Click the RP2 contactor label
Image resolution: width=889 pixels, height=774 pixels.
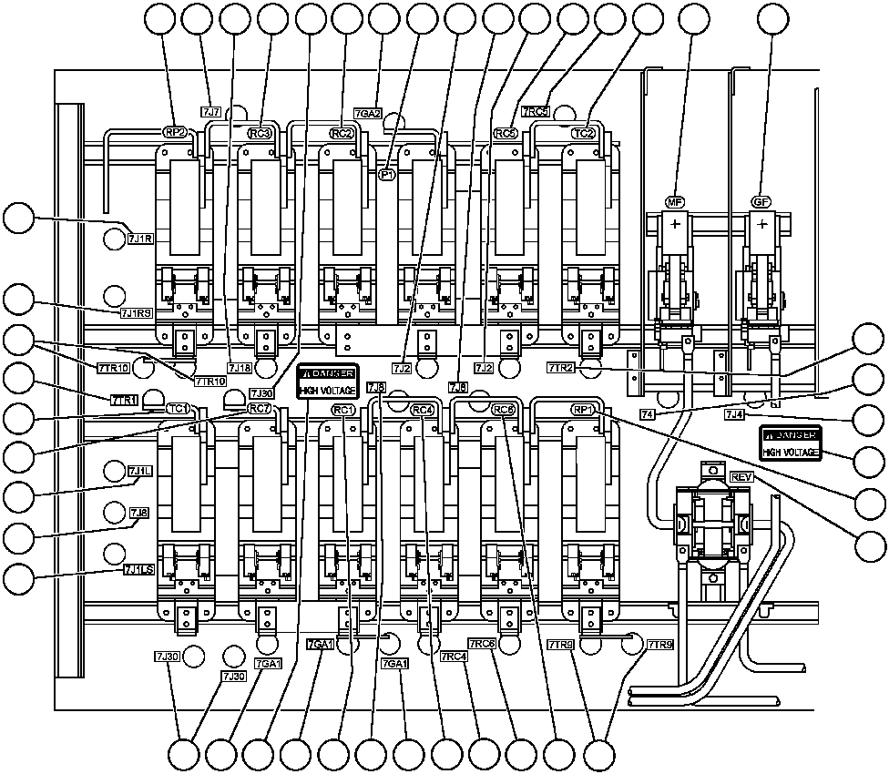point(174,132)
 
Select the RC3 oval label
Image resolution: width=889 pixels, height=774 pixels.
point(261,133)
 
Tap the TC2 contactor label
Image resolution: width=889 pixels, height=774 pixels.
point(584,133)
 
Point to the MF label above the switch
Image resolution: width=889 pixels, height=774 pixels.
point(676,201)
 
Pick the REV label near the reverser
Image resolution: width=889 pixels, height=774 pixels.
point(741,477)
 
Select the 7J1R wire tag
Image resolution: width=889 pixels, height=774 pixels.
point(142,238)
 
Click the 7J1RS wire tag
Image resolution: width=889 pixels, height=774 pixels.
point(137,312)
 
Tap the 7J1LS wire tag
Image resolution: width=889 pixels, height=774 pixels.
point(138,570)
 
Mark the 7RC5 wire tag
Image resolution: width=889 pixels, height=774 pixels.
point(536,112)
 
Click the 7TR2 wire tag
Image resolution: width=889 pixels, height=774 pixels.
point(560,367)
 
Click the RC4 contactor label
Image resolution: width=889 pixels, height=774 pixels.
point(422,410)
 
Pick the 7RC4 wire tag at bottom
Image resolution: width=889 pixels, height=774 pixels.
point(454,656)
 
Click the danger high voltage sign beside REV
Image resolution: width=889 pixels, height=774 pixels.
point(792,443)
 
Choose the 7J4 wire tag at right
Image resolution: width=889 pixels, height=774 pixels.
point(736,414)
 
